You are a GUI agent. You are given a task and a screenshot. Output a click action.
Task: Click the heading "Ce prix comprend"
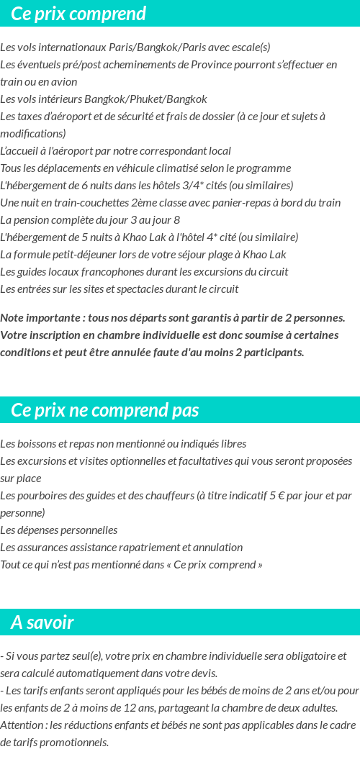[78, 14]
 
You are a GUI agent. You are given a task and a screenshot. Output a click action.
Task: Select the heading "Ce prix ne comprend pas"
[105, 410]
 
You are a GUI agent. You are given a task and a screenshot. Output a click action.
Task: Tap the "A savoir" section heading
[42, 622]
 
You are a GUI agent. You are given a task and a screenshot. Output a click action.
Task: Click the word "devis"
[203, 673]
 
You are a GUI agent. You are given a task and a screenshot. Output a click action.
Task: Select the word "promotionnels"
[75, 743]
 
